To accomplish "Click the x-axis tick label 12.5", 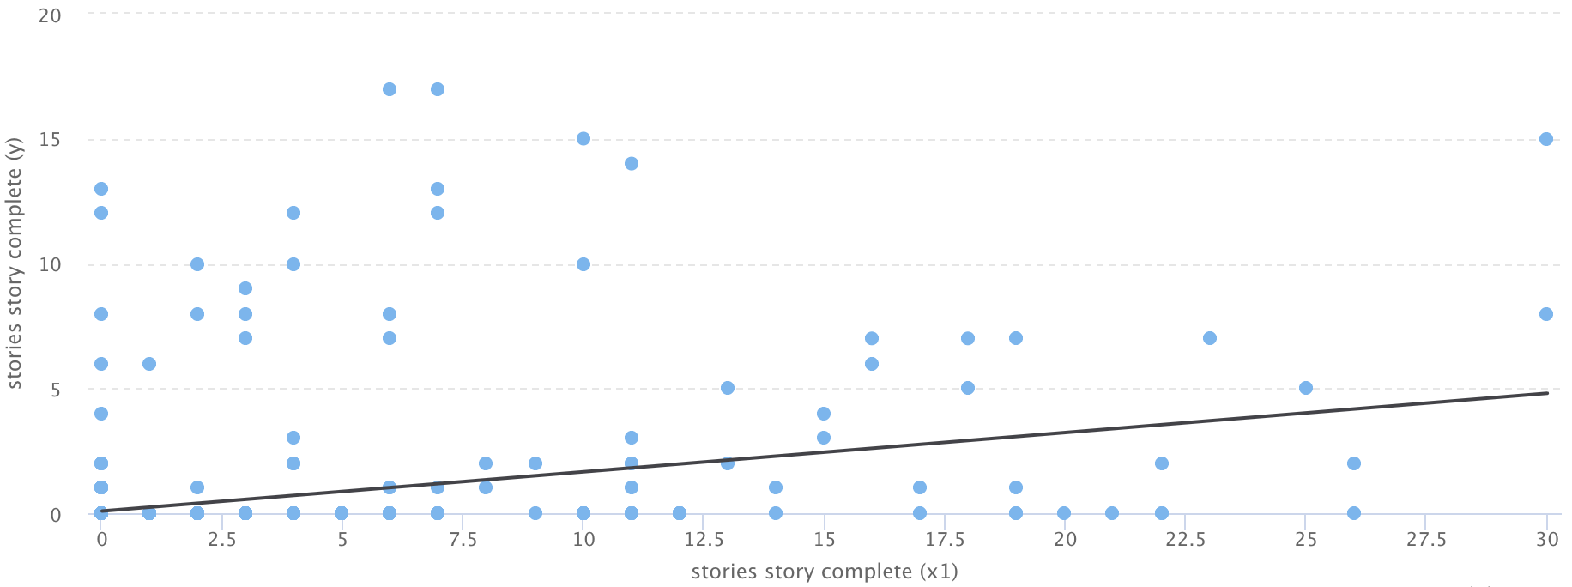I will click(704, 539).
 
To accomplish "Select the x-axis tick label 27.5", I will click(1426, 539).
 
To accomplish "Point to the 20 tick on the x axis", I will click(1065, 539).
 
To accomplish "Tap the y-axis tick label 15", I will click(50, 140).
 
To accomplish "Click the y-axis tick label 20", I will click(50, 15).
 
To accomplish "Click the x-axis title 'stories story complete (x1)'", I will click(825, 572).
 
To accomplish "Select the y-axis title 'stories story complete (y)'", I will click(15, 264).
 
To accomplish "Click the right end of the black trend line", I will click(1547, 393).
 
